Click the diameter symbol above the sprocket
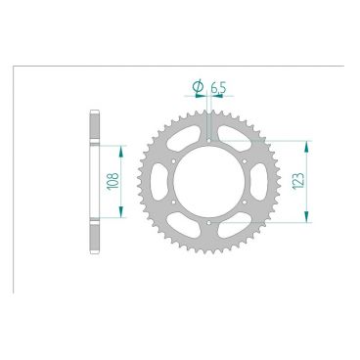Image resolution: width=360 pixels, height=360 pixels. coord(199,89)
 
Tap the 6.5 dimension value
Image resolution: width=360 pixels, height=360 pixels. coord(218,88)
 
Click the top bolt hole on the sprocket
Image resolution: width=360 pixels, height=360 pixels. coord(210,140)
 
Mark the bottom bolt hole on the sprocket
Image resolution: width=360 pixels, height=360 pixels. coord(210,224)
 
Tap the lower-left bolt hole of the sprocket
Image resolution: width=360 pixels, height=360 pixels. coord(174,203)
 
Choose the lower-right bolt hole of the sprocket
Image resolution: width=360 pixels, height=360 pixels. coord(247,203)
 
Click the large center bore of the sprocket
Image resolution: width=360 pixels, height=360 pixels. coord(210,182)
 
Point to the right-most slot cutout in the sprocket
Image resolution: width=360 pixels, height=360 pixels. coord(262,182)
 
